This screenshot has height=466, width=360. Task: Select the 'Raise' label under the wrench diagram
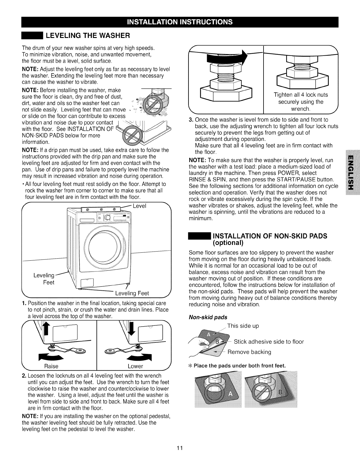click(x=51, y=366)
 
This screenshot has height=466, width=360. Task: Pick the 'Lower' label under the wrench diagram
click(x=135, y=366)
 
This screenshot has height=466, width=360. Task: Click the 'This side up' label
click(x=243, y=326)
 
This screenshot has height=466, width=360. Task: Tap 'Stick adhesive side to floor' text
click(x=269, y=342)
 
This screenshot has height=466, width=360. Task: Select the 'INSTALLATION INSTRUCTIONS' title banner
click(x=180, y=22)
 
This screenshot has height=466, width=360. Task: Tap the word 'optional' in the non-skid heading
click(x=228, y=243)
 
